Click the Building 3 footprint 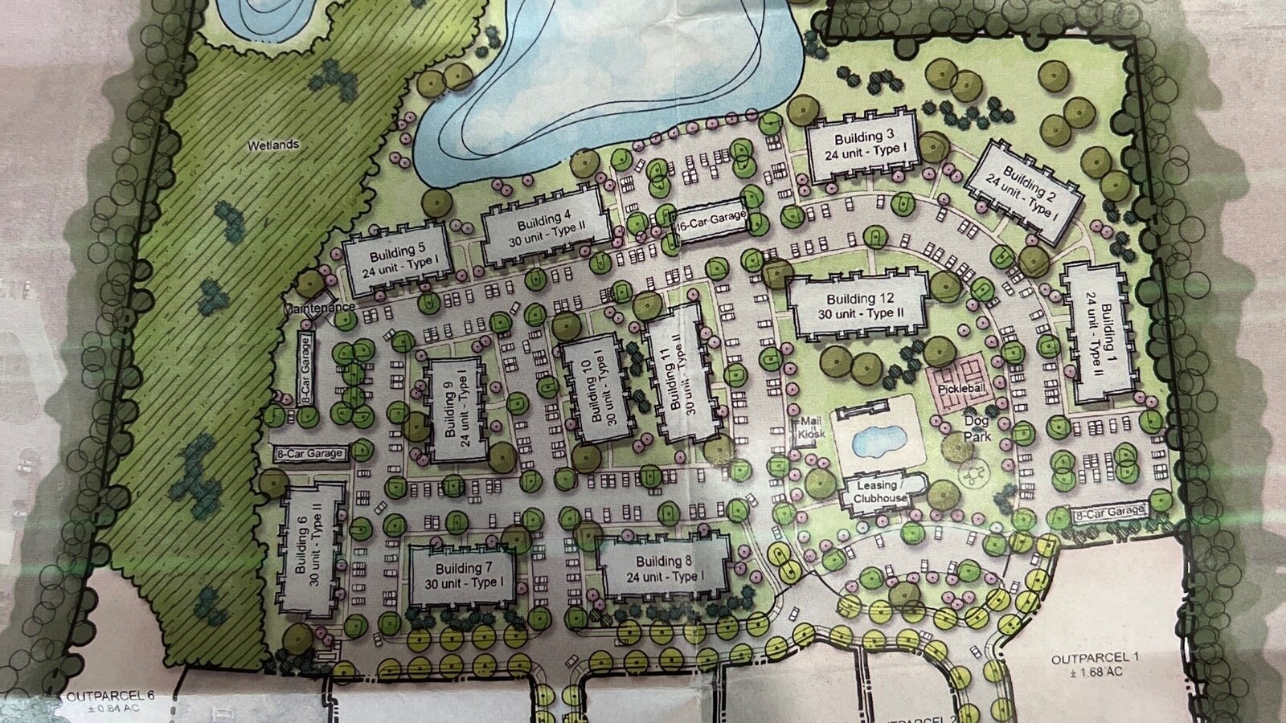click(x=862, y=145)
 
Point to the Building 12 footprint click(x=858, y=306)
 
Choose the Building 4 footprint click(x=544, y=226)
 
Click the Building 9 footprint click(x=456, y=410)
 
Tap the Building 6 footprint click(x=311, y=549)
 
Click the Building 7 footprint click(x=462, y=574)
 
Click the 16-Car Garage click(x=711, y=219)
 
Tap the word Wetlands click(x=273, y=145)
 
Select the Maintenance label click(x=318, y=308)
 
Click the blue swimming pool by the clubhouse click(x=874, y=439)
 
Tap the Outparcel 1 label click(x=1084, y=665)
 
